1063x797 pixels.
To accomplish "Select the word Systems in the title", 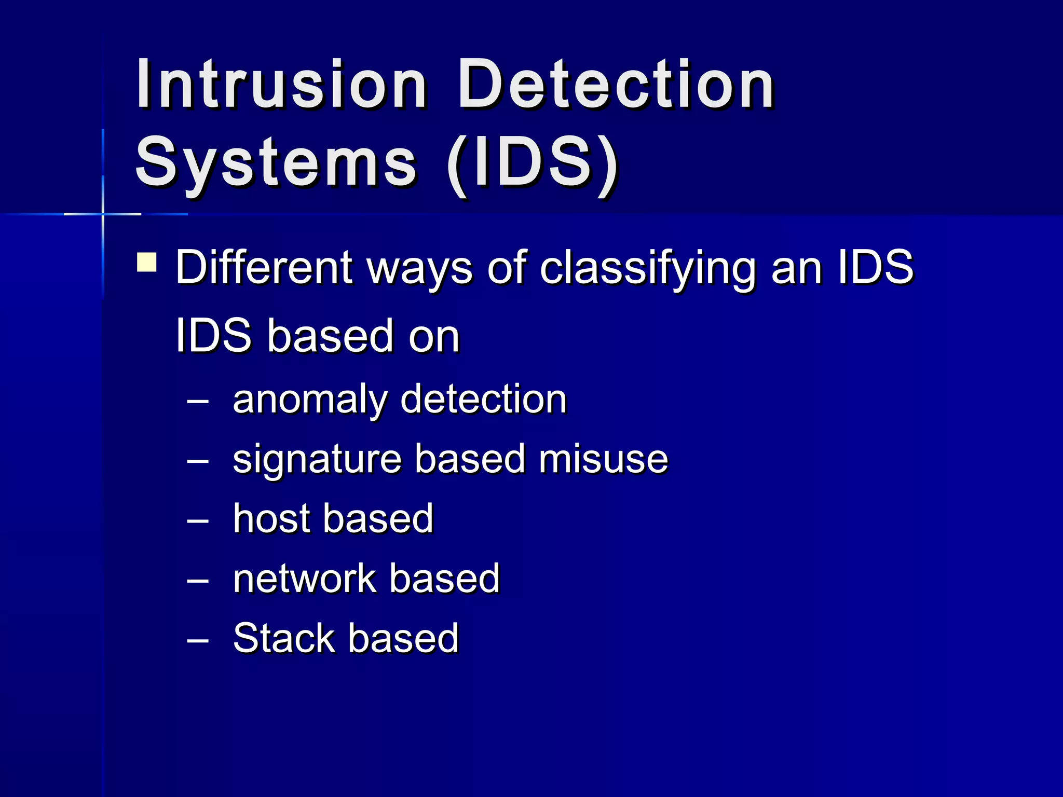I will tap(276, 162).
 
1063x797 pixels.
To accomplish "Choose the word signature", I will tap(317, 460).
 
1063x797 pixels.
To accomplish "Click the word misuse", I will tap(603, 459).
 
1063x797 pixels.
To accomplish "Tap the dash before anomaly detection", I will tap(198, 401).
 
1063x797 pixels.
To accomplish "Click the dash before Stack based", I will tap(198, 640).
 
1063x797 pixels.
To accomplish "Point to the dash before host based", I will tap(198, 520).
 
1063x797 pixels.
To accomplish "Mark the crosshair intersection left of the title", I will tap(103, 214).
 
